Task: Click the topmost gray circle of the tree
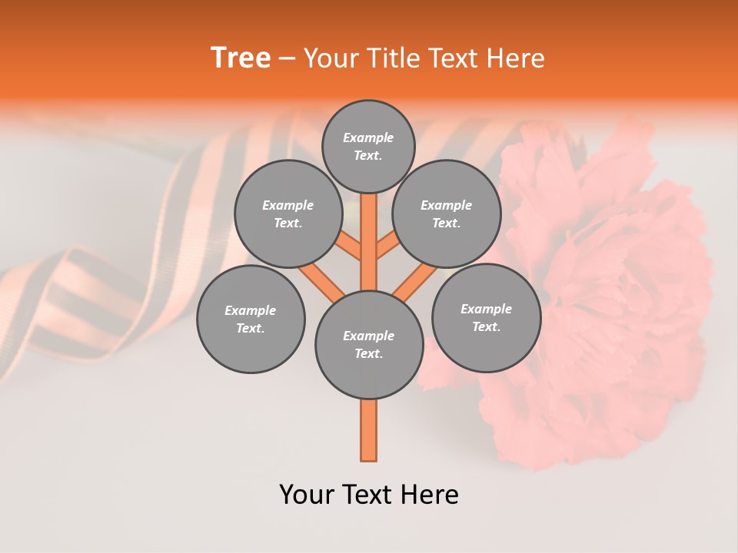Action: pos(368,146)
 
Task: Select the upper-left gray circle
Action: pos(288,214)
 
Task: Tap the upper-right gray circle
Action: pos(447,214)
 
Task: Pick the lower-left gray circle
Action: pos(251,319)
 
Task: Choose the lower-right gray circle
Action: pos(486,317)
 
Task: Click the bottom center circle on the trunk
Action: pos(369,345)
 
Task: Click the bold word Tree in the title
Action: pos(240,58)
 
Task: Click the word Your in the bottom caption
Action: pos(307,495)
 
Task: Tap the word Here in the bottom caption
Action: pos(430,495)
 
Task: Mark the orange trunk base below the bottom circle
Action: pos(369,430)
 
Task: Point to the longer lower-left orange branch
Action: pos(321,281)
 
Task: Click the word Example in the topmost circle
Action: pos(368,137)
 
